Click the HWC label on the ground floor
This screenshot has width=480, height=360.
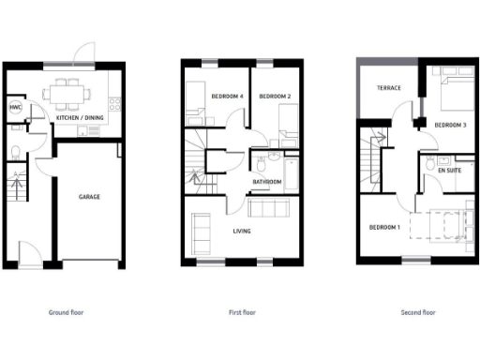pos(15,108)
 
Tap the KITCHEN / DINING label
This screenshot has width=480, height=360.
pos(80,117)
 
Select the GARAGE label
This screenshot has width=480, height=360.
pos(90,197)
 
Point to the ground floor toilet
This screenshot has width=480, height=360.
pos(15,153)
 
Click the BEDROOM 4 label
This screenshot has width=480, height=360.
pos(227,97)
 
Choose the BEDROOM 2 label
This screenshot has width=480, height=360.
pos(275,97)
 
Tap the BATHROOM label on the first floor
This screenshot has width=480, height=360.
pos(268,182)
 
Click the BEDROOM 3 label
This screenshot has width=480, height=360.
pos(450,126)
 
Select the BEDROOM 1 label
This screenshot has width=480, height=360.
pos(383,228)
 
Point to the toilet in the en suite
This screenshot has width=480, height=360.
pos(430,163)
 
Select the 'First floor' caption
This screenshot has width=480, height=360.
pos(243,312)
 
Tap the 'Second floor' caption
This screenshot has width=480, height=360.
pos(418,312)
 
